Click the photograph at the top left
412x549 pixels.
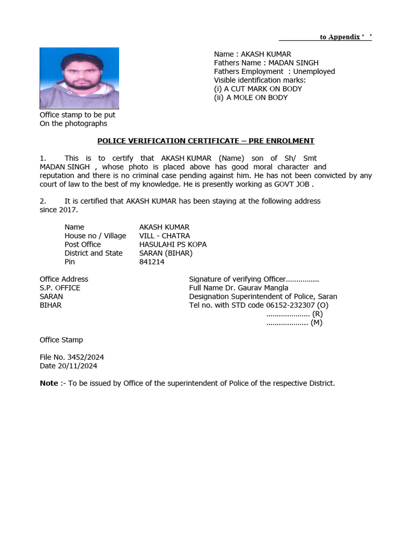click(79, 78)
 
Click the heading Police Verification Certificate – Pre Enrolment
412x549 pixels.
click(205, 141)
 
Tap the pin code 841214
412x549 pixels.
click(152, 262)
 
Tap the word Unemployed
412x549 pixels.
click(314, 71)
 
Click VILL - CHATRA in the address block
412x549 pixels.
click(165, 236)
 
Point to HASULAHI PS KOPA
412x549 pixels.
click(173, 244)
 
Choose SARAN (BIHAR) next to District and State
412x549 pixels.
click(166, 253)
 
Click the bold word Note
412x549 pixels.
click(49, 383)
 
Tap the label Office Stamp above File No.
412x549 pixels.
click(61, 340)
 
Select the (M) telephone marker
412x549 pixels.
click(317, 323)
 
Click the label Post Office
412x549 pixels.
click(83, 244)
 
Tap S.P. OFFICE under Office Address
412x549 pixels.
click(60, 288)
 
